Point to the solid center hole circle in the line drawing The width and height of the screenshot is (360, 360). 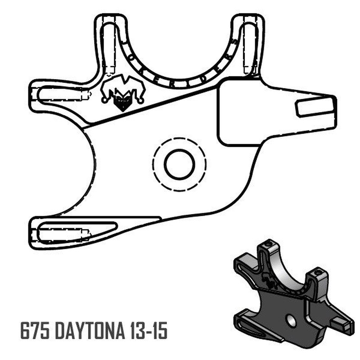tap(179, 164)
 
